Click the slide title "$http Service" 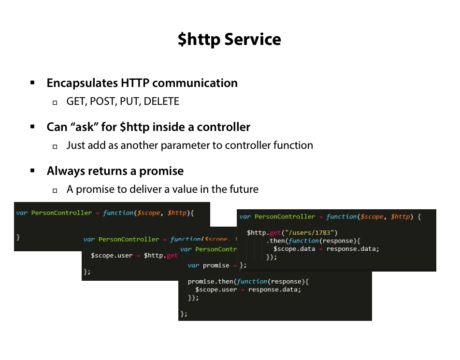point(229,39)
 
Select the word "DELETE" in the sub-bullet point(161,101)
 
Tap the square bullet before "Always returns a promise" point(33,171)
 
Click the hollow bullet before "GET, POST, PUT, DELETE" point(55,102)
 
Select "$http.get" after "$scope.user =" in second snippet point(160,255)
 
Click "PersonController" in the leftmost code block point(61,213)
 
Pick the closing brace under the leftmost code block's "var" point(18,237)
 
